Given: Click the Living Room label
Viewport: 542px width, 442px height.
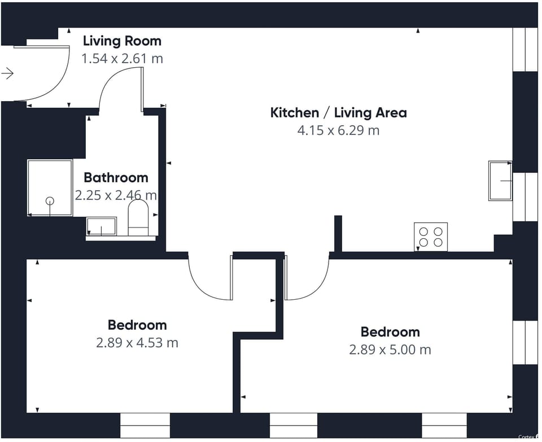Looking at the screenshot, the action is [x=122, y=41].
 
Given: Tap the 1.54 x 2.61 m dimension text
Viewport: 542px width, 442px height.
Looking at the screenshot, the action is [x=122, y=58].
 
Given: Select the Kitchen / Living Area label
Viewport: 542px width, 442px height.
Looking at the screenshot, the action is [x=338, y=113].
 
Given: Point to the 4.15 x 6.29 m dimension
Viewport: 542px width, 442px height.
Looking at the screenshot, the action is [x=338, y=130].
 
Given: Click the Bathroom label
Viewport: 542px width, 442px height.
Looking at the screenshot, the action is [x=116, y=178].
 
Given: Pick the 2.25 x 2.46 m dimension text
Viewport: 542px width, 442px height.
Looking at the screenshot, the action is [x=116, y=195].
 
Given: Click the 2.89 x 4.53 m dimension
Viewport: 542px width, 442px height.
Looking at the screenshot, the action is [x=137, y=343].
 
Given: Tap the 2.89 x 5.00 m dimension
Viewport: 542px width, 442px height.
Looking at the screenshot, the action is [x=390, y=349].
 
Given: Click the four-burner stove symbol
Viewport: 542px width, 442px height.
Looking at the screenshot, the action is [x=431, y=237].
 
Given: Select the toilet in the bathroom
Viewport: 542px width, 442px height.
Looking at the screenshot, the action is [x=138, y=218].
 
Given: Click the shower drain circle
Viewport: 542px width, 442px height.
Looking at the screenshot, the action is [x=50, y=201].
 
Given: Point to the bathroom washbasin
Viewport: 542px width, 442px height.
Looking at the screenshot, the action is [x=101, y=226].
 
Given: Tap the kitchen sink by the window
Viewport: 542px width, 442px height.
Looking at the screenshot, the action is [x=500, y=181].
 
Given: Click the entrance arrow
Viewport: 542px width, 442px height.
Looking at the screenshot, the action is [x=7, y=73].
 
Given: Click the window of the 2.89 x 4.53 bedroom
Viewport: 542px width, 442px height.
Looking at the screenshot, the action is [x=145, y=426].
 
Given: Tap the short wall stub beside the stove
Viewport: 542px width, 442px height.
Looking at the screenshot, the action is [x=338, y=234].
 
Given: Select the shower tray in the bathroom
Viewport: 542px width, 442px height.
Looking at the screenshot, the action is [x=50, y=188].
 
